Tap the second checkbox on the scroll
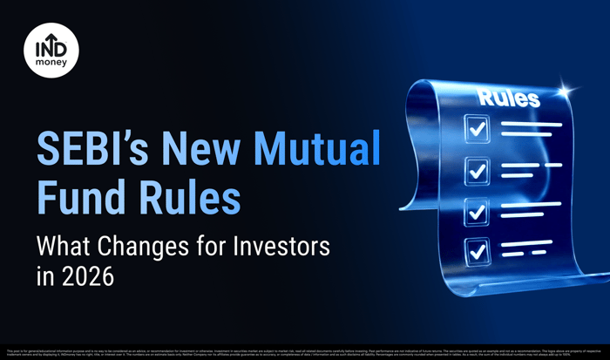click(477, 170)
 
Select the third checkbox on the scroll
click(476, 210)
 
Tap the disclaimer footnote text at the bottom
click(305, 353)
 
